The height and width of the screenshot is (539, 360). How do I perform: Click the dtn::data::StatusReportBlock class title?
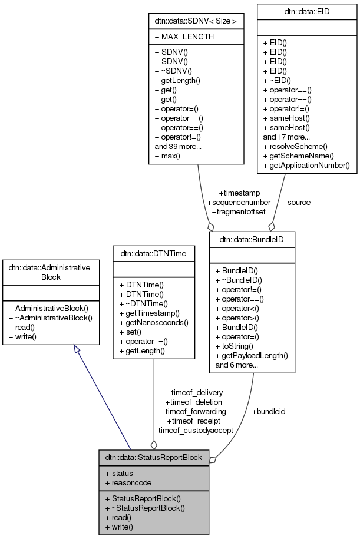[153, 457]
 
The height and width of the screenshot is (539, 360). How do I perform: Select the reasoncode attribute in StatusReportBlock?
[128, 482]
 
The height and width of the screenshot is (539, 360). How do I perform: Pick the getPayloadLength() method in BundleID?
[252, 355]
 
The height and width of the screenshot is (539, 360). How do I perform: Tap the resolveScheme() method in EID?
[295, 146]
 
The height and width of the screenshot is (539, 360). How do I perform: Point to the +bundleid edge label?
[268, 411]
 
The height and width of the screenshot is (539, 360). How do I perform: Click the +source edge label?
[296, 202]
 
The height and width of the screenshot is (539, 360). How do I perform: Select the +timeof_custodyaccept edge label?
[193, 430]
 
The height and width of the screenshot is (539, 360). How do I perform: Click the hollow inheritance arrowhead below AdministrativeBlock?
[76, 350]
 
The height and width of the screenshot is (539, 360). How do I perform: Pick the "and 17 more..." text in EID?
[286, 136]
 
